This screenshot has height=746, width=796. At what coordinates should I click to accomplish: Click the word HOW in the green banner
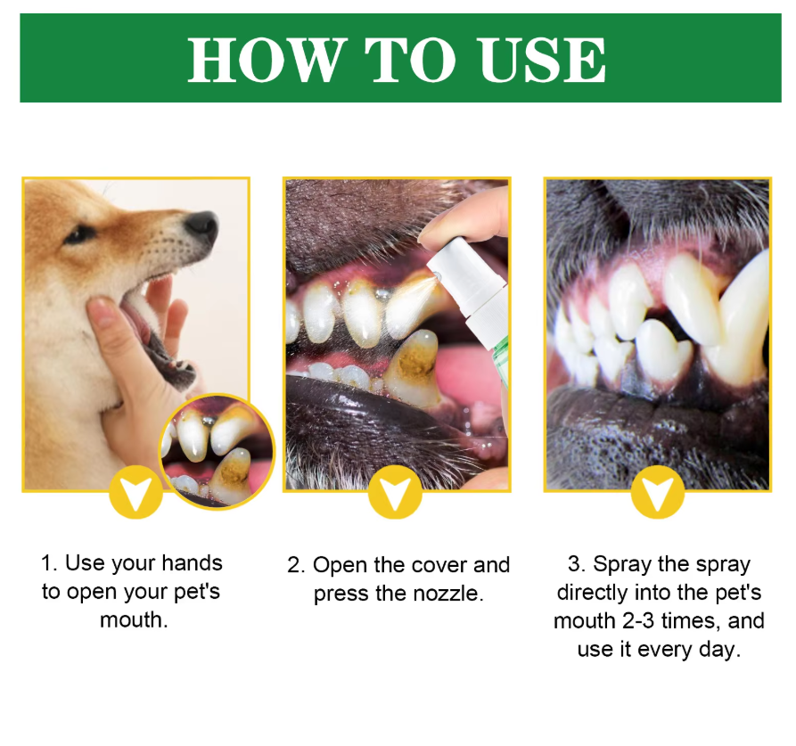point(264,60)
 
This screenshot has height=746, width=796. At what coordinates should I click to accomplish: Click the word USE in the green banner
point(542,60)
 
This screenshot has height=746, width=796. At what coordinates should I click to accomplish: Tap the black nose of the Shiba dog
point(202,225)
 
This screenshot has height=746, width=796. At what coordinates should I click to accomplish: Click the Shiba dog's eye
point(79,234)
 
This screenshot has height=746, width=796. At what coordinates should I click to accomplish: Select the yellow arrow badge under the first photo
point(136,492)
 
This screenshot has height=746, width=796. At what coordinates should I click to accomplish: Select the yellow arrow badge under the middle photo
point(395,492)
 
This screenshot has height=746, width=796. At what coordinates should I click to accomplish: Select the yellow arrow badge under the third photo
point(658,492)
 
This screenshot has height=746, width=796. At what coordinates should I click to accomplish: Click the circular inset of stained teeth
point(217,451)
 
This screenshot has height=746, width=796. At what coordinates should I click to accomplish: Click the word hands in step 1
point(193,563)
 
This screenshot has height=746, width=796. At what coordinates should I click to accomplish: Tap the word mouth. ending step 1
point(134,620)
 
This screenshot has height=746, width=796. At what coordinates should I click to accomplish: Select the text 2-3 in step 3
point(641,621)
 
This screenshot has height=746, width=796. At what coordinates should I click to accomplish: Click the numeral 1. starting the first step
point(50,563)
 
